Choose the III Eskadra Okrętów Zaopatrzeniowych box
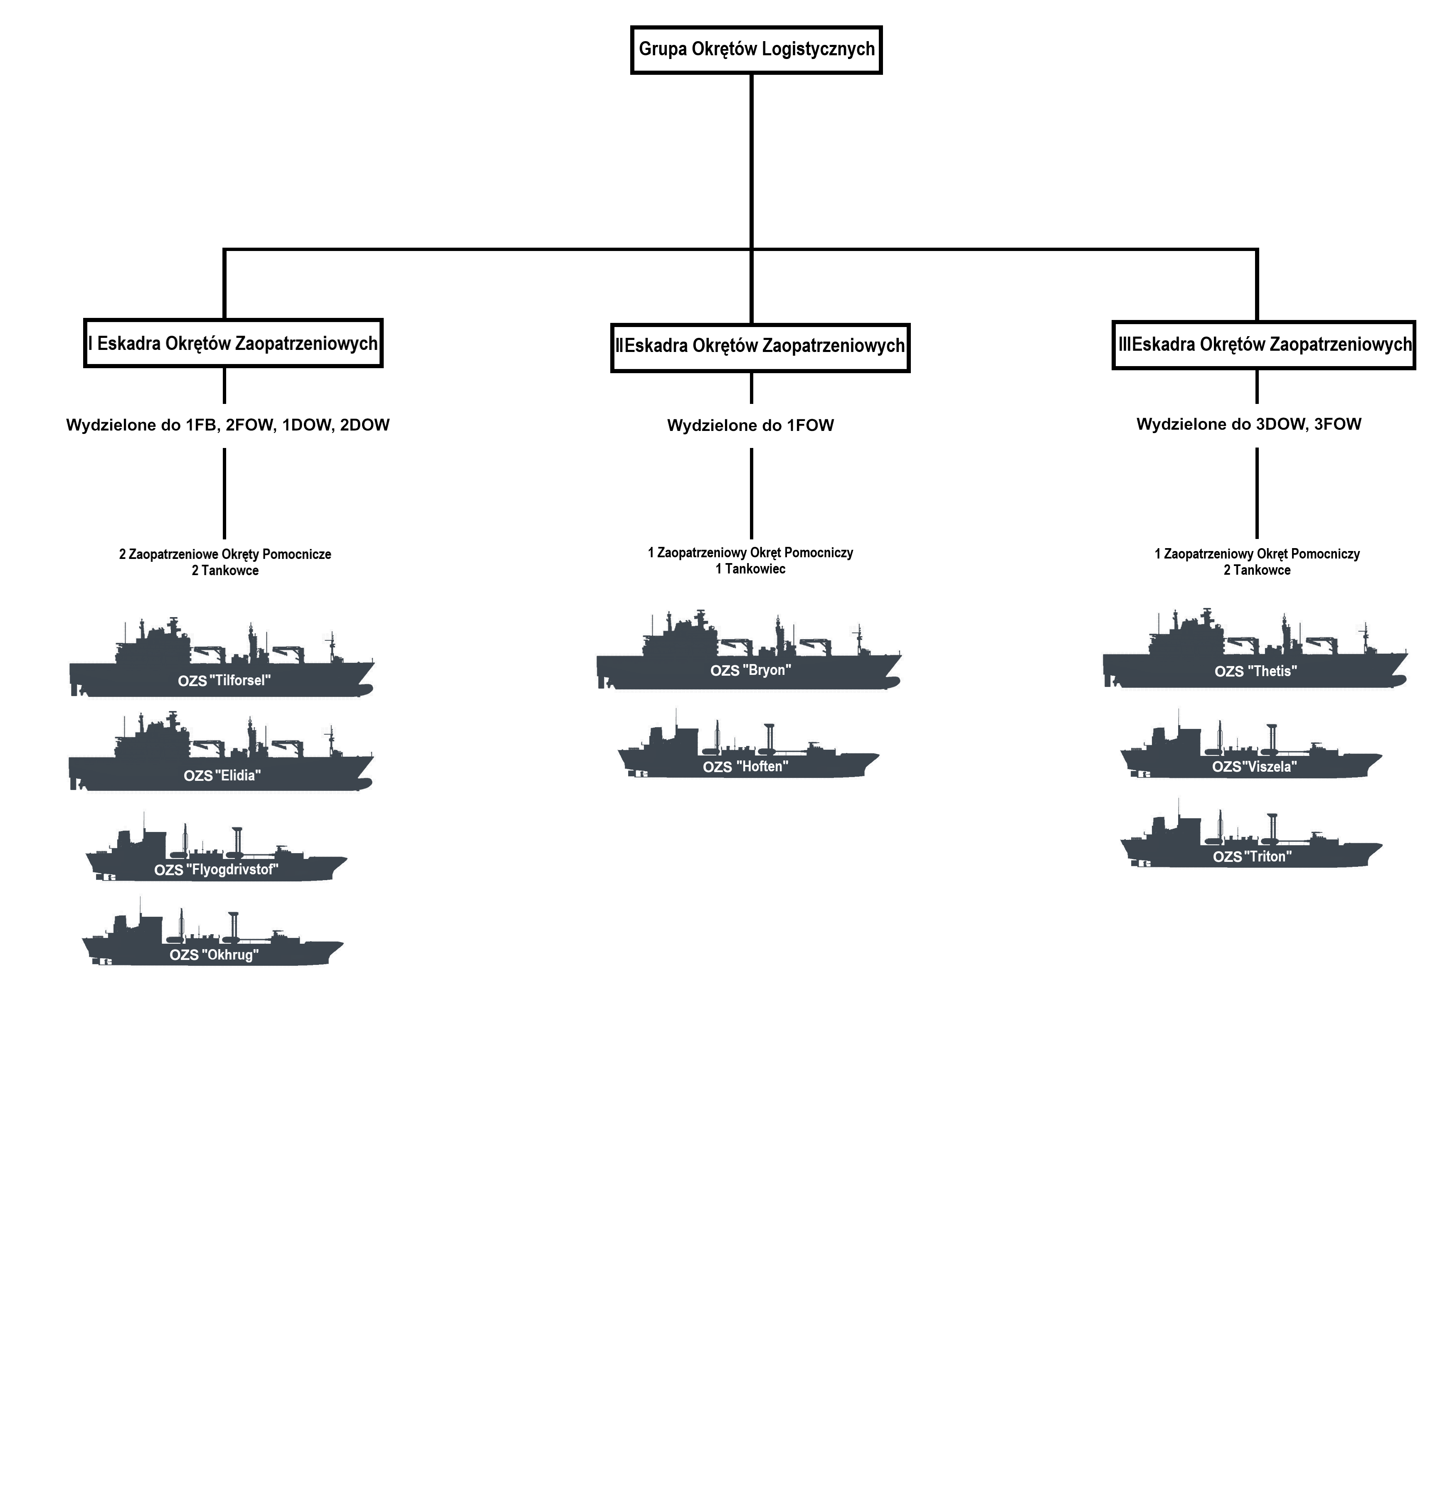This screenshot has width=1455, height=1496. (1263, 344)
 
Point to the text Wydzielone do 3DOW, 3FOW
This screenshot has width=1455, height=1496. (1249, 424)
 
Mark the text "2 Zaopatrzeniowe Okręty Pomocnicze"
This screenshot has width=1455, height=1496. (224, 554)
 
